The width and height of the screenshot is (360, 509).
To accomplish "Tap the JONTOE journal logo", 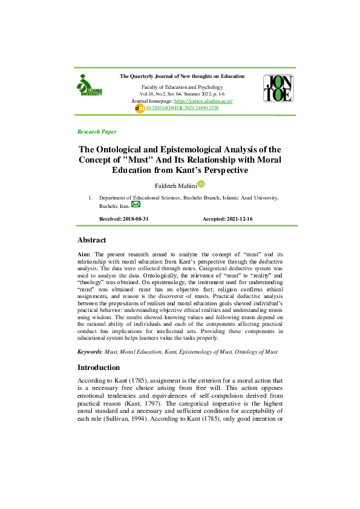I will click(x=278, y=88).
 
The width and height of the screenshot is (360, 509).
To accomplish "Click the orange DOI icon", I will click(x=140, y=108).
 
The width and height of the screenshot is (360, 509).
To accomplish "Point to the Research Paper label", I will click(x=97, y=131).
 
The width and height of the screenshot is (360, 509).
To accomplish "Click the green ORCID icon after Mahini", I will click(x=201, y=184).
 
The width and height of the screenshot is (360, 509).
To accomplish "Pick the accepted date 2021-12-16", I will click(x=256, y=218).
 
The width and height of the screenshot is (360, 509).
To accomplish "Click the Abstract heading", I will click(x=92, y=240).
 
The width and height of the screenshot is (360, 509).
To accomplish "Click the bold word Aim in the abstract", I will click(x=84, y=256).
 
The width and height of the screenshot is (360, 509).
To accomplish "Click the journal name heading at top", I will click(x=182, y=77).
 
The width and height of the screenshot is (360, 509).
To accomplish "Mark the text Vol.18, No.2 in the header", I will click(x=152, y=94).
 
